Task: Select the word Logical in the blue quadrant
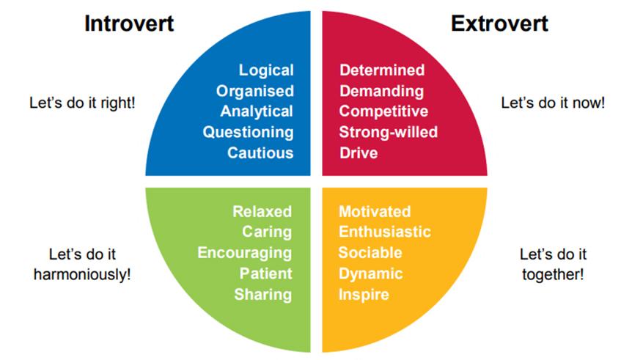[x=266, y=70]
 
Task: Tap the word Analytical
[x=257, y=111]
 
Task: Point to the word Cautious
[x=260, y=153]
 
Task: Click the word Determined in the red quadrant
[x=382, y=70]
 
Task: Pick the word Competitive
[x=383, y=111]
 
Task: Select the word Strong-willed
[x=388, y=133]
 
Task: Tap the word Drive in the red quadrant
[x=359, y=153]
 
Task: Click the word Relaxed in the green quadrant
[x=262, y=212]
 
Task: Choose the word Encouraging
[x=245, y=253]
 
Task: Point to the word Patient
[x=265, y=273]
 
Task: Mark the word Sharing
[x=263, y=295]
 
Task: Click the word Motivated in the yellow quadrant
[x=375, y=212]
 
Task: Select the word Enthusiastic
[x=385, y=232]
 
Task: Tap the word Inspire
[x=364, y=295]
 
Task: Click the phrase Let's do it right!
[x=81, y=103]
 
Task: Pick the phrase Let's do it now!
[x=553, y=103]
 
